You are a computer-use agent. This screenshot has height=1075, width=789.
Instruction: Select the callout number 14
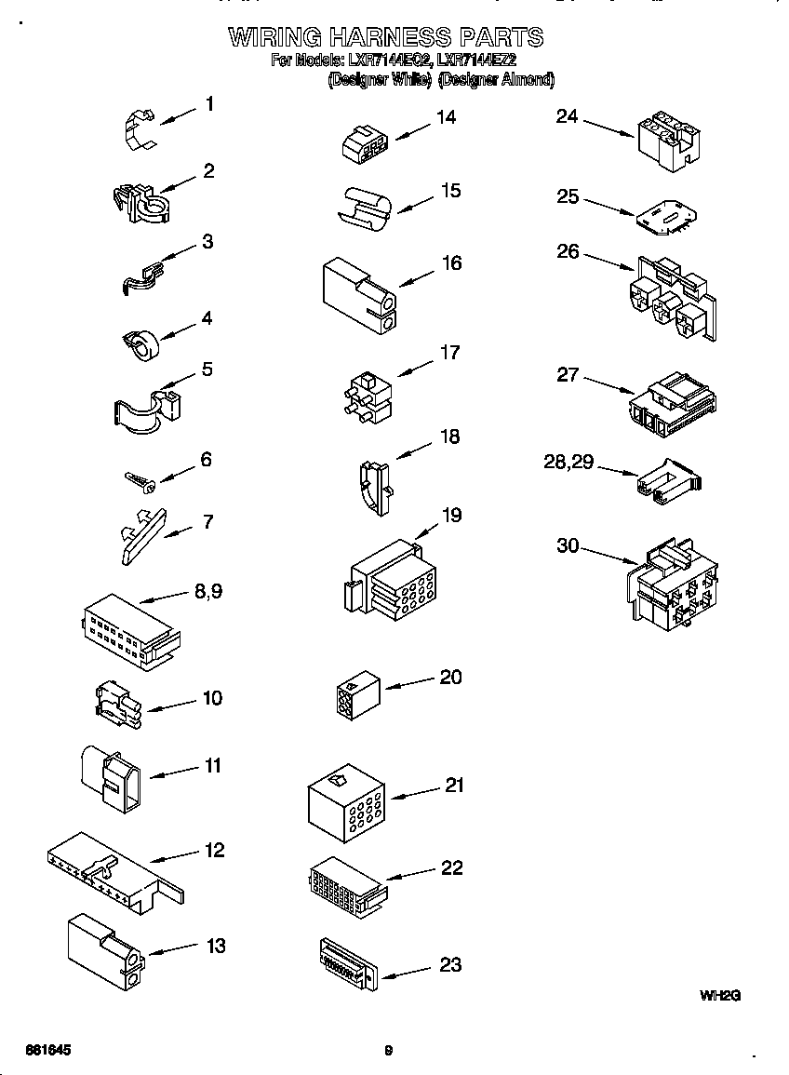tap(447, 117)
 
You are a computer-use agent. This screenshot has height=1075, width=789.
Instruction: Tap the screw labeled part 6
tap(140, 479)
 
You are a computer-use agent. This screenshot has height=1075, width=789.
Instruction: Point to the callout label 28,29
tap(568, 463)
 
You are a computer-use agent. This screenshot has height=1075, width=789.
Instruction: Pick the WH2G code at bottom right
tap(719, 995)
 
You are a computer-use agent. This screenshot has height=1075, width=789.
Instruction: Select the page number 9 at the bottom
tap(388, 1051)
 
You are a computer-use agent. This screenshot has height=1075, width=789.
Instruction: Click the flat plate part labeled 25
tap(665, 216)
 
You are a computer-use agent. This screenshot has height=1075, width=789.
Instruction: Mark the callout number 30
tap(568, 546)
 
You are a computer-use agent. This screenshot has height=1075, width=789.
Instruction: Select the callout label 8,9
tap(208, 591)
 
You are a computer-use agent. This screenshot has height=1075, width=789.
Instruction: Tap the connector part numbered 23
tap(346, 961)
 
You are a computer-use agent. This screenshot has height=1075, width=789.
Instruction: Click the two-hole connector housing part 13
tap(104, 949)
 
